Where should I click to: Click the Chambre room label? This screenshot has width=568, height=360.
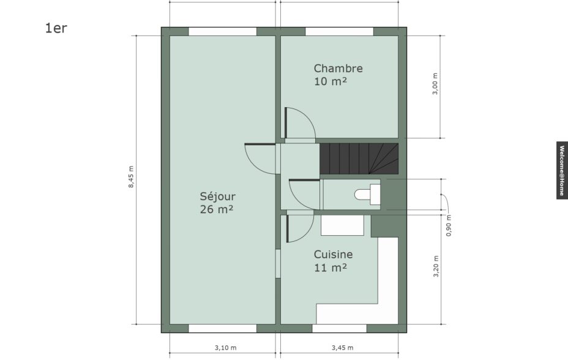338,68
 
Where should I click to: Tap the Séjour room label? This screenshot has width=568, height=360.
218,197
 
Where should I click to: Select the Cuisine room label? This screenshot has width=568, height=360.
333,254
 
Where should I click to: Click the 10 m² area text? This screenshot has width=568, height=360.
331,81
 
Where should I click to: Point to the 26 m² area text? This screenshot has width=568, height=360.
216,209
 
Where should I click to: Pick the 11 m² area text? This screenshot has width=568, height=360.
331,268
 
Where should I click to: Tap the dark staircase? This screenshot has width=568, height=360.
359,159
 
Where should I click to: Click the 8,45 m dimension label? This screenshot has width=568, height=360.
131,177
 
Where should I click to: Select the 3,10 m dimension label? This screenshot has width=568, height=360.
225,348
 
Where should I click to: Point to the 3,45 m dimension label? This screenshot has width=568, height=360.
342,348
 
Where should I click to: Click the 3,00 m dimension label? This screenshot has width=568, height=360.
435,84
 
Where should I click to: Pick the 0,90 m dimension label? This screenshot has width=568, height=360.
449,225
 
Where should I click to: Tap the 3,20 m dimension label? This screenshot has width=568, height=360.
436,266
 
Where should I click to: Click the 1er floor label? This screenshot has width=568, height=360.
56,28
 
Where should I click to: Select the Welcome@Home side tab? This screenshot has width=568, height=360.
562,170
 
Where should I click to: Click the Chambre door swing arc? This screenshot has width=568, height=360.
308,118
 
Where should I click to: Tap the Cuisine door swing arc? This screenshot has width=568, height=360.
307,233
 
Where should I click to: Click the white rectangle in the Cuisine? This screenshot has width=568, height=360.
342,225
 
